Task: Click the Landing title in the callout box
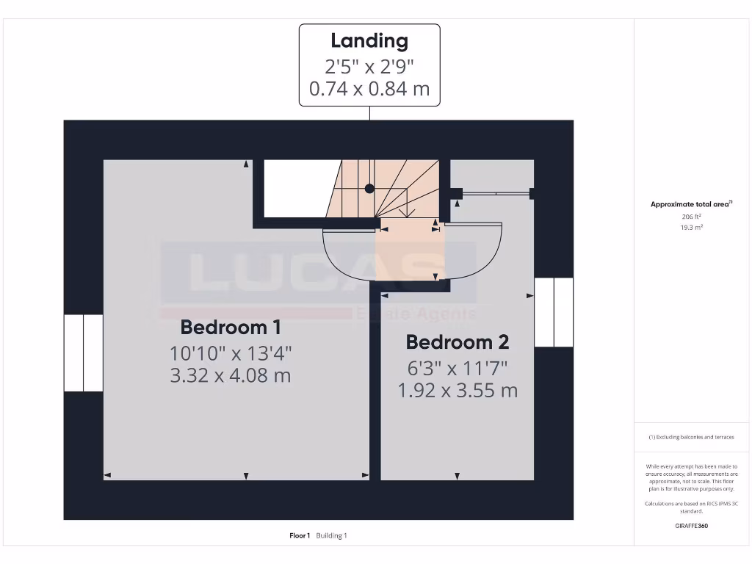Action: click(x=369, y=41)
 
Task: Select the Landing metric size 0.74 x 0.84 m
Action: click(x=369, y=90)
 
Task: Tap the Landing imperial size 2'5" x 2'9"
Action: click(x=369, y=66)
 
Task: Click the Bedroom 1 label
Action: click(x=231, y=327)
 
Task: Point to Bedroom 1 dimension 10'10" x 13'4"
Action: click(x=231, y=352)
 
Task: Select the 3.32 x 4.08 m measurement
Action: click(x=231, y=375)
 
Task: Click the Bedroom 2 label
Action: click(x=457, y=342)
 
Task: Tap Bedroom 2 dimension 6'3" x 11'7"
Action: click(x=457, y=367)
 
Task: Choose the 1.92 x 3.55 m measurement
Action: click(x=457, y=391)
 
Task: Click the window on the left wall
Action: click(x=83, y=352)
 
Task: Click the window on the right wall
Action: click(x=553, y=311)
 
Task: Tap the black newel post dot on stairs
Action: click(x=369, y=189)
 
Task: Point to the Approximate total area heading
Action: click(x=690, y=204)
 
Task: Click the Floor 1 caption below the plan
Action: click(x=300, y=535)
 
